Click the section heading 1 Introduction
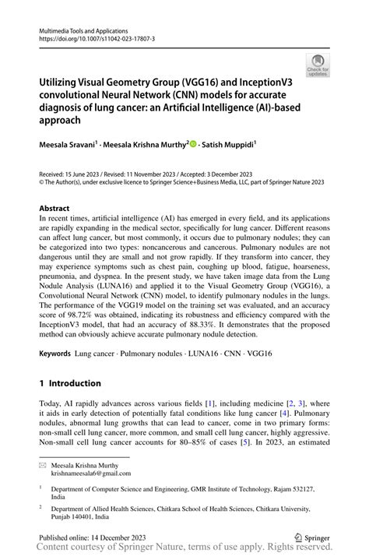click(x=70, y=384)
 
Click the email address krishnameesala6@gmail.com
click(x=92, y=473)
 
